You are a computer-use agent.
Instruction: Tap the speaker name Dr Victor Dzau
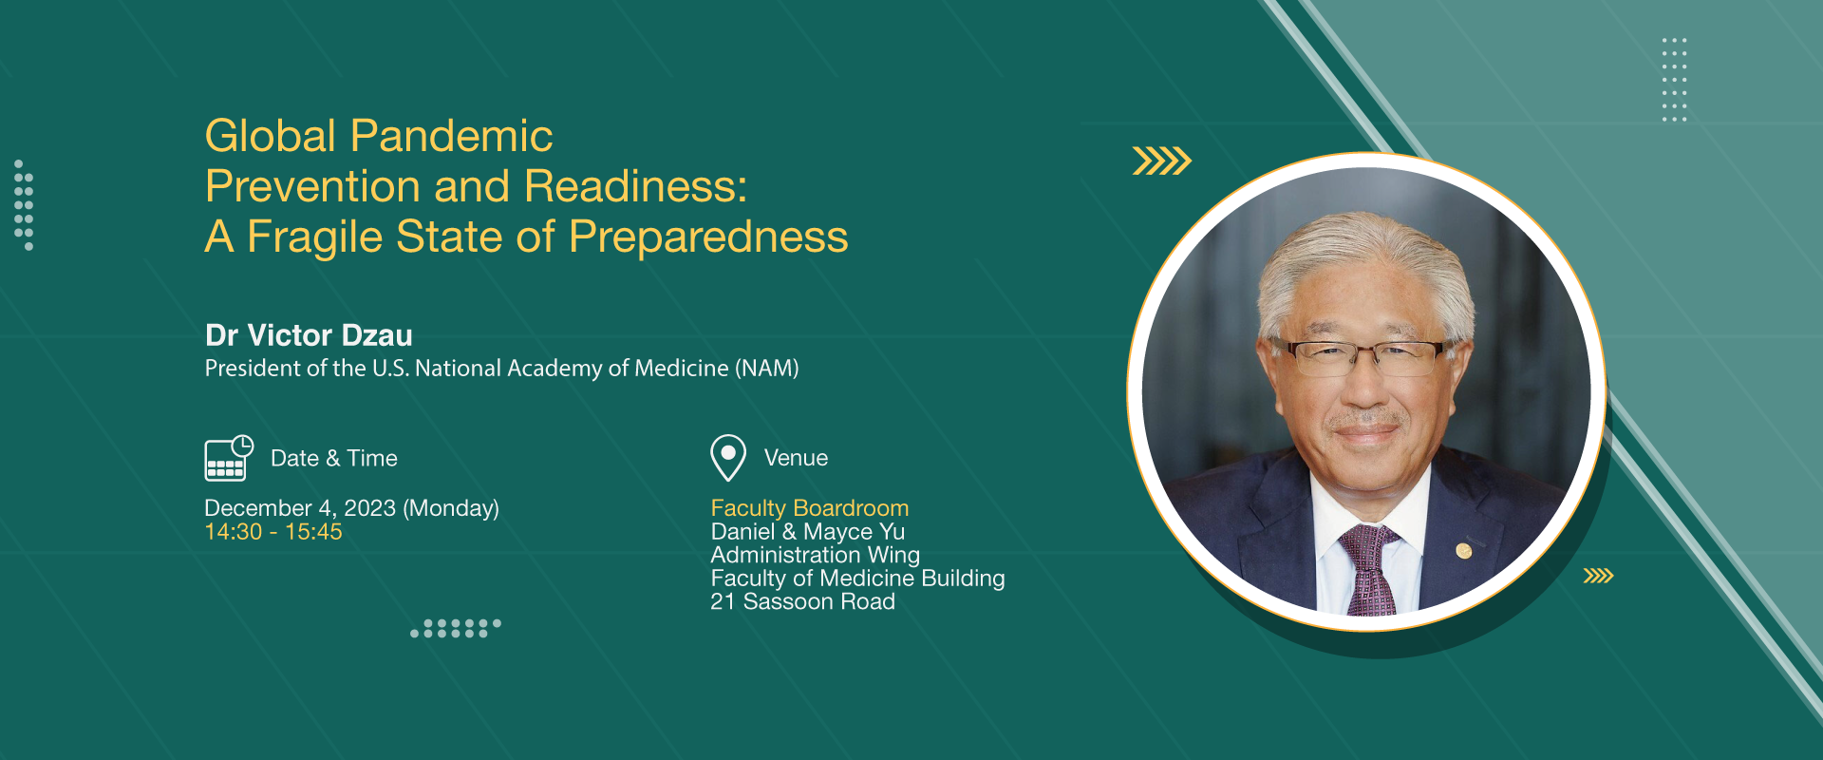(309, 335)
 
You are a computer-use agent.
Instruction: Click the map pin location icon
(728, 458)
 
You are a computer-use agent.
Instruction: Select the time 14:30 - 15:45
(273, 532)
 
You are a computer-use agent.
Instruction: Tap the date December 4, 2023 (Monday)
(352, 508)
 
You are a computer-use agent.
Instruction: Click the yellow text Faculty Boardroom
(810, 508)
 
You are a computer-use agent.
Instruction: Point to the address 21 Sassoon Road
(803, 601)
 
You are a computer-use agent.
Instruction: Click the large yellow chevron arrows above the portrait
(1162, 161)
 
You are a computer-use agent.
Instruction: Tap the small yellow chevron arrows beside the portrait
(1598, 576)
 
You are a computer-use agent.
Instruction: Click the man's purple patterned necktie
(1367, 570)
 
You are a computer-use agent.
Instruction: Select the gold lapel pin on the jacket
(1464, 550)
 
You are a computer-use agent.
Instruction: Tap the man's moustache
(1365, 419)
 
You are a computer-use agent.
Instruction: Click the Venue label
(796, 458)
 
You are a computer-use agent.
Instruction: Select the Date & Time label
(334, 458)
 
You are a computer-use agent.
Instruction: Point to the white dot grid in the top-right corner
(1674, 80)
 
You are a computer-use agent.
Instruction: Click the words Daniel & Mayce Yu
(808, 532)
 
